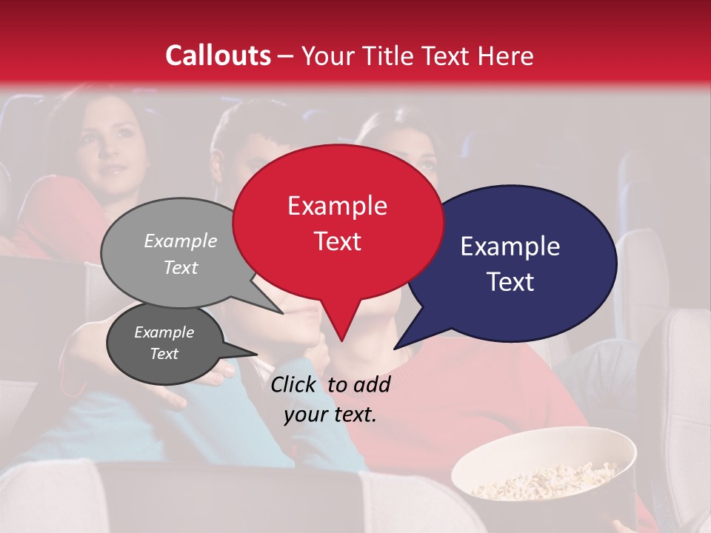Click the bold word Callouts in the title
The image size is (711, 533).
[x=218, y=56]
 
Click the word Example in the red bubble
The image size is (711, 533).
[x=337, y=206]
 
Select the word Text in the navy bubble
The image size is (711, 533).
[x=511, y=282]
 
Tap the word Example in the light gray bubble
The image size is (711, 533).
[x=180, y=241]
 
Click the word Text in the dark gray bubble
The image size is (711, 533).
[x=164, y=354]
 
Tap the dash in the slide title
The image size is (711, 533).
[x=286, y=56]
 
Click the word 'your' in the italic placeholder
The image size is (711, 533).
[x=304, y=415]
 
